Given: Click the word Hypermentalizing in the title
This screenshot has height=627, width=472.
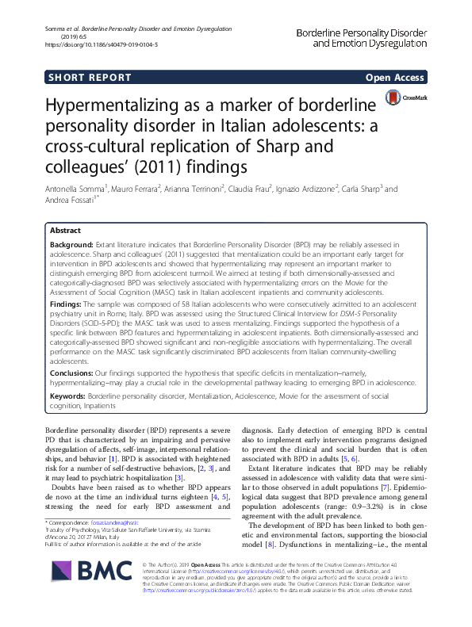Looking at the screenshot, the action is tap(123, 108).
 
